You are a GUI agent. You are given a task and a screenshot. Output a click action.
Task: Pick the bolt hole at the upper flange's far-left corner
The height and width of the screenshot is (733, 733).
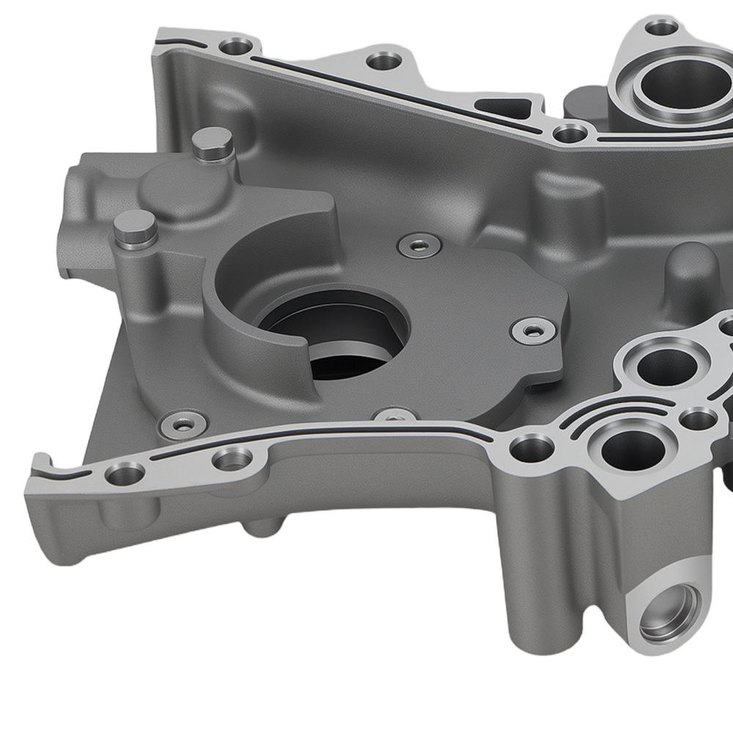click(235, 48)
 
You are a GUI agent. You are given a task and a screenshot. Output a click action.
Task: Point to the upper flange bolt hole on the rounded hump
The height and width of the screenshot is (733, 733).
click(380, 60)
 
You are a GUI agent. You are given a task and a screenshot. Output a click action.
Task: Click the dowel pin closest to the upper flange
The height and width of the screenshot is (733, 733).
click(212, 141)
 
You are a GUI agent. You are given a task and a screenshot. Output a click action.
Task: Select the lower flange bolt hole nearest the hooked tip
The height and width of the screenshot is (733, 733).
click(125, 473)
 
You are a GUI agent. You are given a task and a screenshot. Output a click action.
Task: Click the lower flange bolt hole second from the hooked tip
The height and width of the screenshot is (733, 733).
click(233, 460)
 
